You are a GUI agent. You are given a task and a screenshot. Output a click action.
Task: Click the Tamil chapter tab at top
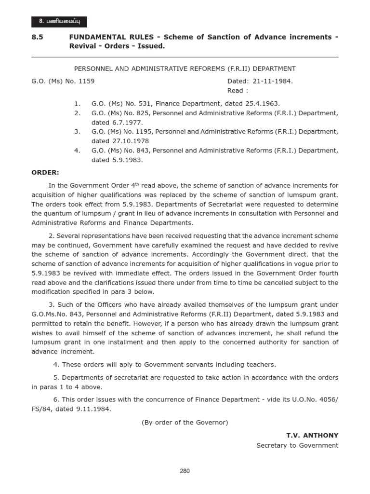[x=59, y=21]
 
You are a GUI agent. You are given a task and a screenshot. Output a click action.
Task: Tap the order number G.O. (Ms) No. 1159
[x=63, y=81]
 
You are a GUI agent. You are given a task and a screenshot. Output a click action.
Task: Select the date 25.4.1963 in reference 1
[x=263, y=104]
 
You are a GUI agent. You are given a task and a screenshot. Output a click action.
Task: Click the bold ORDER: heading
[x=45, y=172]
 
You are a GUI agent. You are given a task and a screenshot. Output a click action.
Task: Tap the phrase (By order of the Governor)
[x=185, y=422]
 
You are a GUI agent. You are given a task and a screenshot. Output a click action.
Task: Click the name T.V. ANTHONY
[x=312, y=435]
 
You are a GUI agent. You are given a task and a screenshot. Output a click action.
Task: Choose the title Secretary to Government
[x=297, y=445]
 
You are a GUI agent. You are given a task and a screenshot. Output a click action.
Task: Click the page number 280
[x=185, y=472]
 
